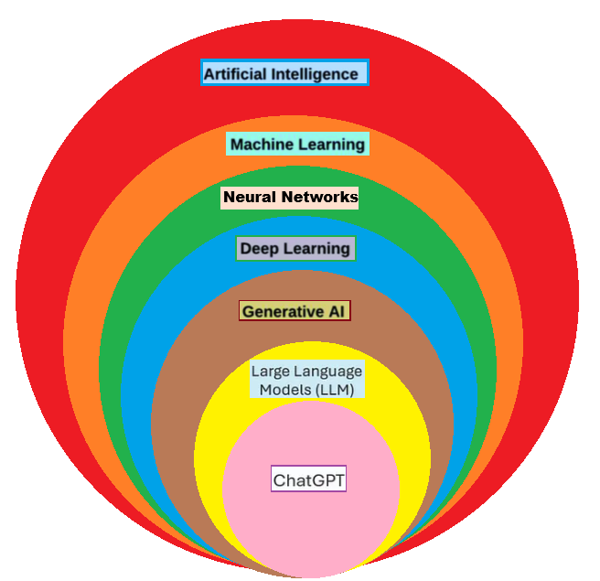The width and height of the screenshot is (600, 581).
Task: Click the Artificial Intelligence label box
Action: coord(284,73)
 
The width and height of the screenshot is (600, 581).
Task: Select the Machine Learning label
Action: coord(297,144)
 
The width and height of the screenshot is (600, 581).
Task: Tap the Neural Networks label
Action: coord(290,197)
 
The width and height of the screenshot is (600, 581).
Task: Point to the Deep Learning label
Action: coord(295,248)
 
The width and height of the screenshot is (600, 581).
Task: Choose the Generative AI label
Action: coord(295,311)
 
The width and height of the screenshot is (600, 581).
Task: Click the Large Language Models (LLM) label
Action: coord(307,381)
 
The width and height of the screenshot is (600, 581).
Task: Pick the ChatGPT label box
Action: coord(308,479)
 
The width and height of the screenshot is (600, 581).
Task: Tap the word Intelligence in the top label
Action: coord(316,74)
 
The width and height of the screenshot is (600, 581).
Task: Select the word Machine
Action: coord(260,145)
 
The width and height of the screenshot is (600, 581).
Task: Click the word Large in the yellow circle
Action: coord(271,371)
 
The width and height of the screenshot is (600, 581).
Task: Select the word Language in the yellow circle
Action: coord(328,372)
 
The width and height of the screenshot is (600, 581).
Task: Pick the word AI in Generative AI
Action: coord(336,312)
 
